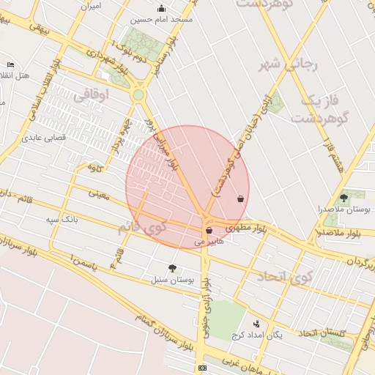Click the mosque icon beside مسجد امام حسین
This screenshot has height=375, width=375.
(162, 9)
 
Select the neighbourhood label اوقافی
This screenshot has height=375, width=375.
(92, 93)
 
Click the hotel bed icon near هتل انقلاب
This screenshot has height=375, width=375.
(10, 65)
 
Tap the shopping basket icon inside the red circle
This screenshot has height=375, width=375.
(240, 198)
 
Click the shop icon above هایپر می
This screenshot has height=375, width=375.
(209, 230)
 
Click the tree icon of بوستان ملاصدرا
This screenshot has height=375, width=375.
(344, 198)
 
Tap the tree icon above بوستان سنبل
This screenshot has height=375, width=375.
(172, 268)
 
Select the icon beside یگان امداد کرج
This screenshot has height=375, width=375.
(256, 324)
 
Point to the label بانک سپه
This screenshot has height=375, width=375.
(62, 219)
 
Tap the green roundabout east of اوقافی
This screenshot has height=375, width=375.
(138, 95)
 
